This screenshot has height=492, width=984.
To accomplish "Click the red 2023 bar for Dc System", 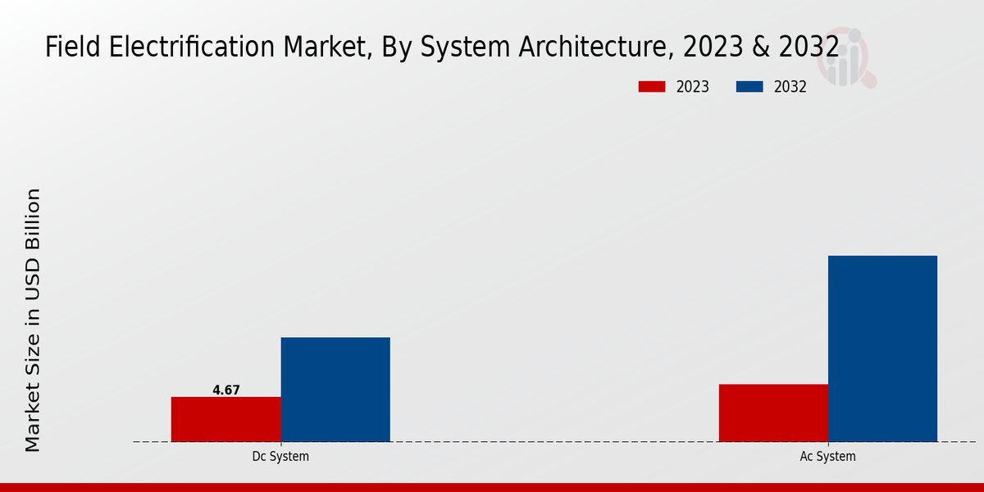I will tap(225, 419).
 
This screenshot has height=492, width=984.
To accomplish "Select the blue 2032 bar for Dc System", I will tap(335, 389).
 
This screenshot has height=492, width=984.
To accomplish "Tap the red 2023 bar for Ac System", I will tap(773, 412).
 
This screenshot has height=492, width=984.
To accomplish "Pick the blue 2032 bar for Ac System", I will tap(882, 348).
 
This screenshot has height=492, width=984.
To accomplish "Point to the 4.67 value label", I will tap(226, 390).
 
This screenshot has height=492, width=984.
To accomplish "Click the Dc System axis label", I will tap(280, 457).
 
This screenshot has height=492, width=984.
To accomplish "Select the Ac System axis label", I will tap(827, 457).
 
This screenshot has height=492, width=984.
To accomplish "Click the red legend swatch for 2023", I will tap(652, 87).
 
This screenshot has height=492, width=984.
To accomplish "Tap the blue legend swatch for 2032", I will tap(749, 87).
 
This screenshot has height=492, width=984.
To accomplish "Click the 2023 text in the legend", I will tap(693, 87).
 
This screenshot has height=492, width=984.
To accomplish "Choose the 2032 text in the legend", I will tap(790, 87).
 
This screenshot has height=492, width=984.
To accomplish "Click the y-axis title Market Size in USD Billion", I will tap(33, 320).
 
